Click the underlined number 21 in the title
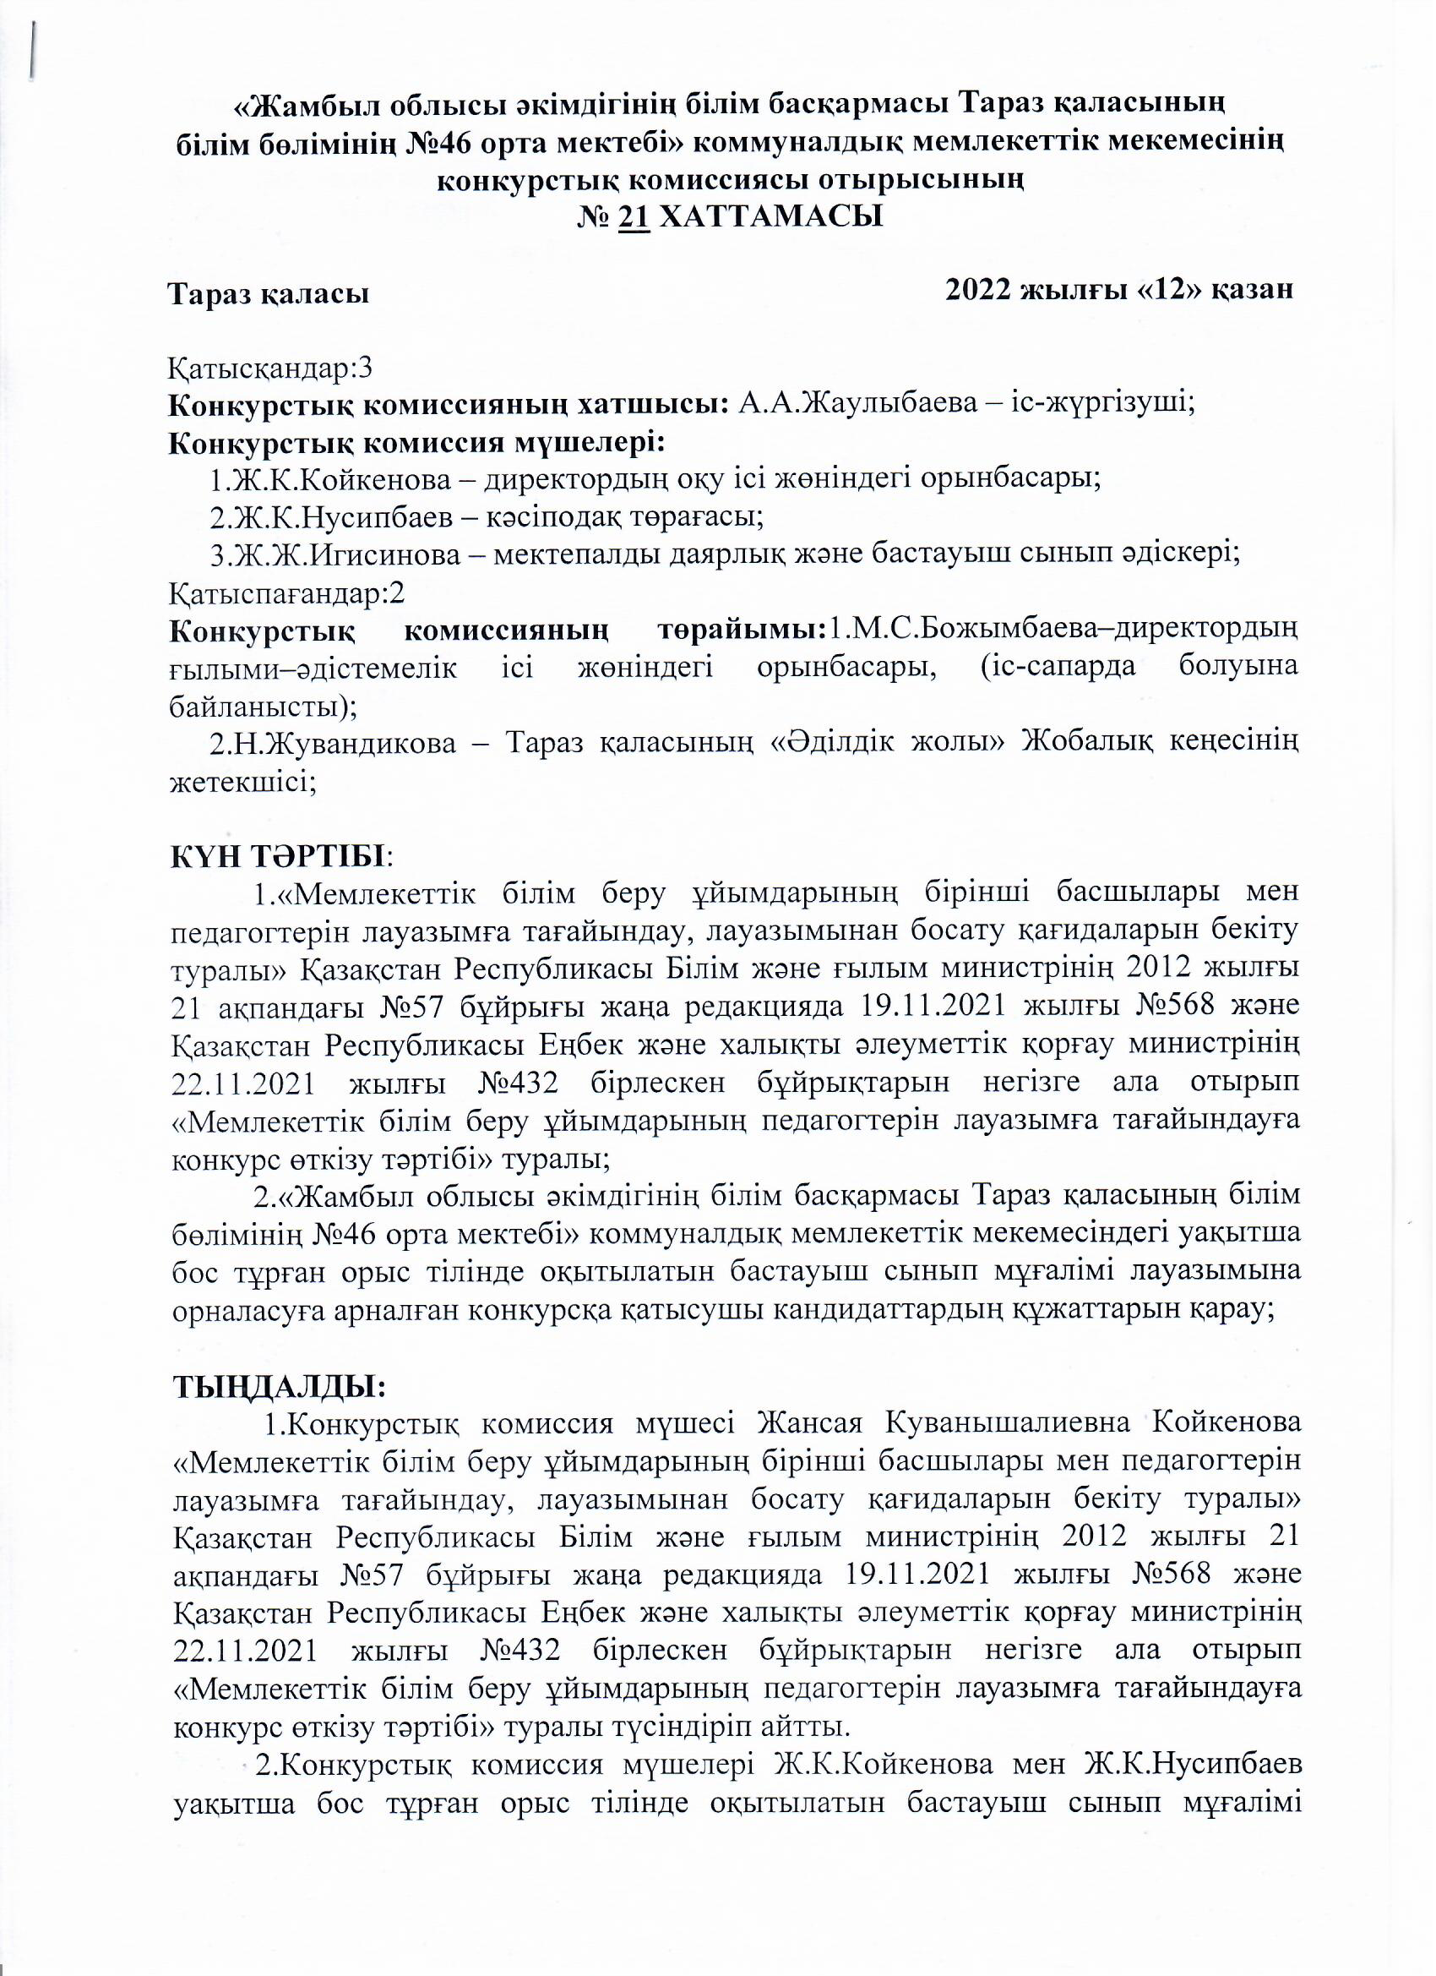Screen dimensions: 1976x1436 (634, 216)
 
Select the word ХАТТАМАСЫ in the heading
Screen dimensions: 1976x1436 (770, 216)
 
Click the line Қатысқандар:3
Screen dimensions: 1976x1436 (270, 368)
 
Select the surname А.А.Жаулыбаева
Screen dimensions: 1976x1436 (857, 405)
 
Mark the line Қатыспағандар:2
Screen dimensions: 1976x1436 (286, 592)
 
